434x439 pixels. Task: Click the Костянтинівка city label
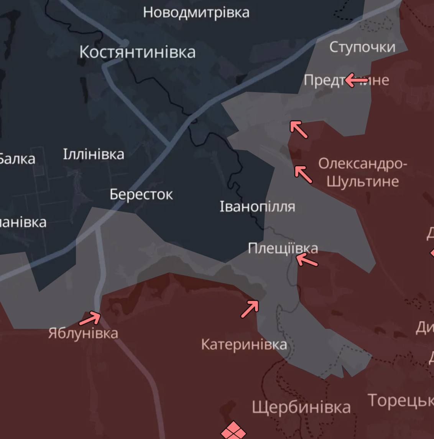pyautogui.click(x=137, y=52)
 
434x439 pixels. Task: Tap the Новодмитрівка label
pyautogui.click(x=196, y=12)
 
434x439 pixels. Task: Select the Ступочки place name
pyautogui.click(x=362, y=47)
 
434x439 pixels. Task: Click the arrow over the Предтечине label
pyautogui.click(x=356, y=81)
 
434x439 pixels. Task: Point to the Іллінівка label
pyautogui.click(x=94, y=154)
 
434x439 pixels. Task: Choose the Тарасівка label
pyautogui.click(x=23, y=222)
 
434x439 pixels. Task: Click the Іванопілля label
pyautogui.click(x=257, y=207)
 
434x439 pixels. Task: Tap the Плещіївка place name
pyautogui.click(x=283, y=248)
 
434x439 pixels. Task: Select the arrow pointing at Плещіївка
pyautogui.click(x=307, y=260)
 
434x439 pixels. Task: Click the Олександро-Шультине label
pyautogui.click(x=363, y=172)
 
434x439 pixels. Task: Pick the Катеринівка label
pyautogui.click(x=244, y=345)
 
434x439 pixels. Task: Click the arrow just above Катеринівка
pyautogui.click(x=250, y=309)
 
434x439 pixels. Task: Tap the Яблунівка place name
pyautogui.click(x=83, y=333)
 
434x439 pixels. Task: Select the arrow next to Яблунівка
pyautogui.click(x=90, y=318)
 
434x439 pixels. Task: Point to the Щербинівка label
pyautogui.click(x=301, y=408)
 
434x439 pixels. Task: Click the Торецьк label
pyautogui.click(x=401, y=401)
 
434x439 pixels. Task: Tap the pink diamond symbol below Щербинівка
pyautogui.click(x=233, y=431)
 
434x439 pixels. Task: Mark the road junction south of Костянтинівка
pyautogui.click(x=169, y=145)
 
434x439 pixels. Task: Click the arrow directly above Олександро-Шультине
pyautogui.click(x=303, y=174)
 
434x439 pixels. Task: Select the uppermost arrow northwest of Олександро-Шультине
pyautogui.click(x=299, y=129)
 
